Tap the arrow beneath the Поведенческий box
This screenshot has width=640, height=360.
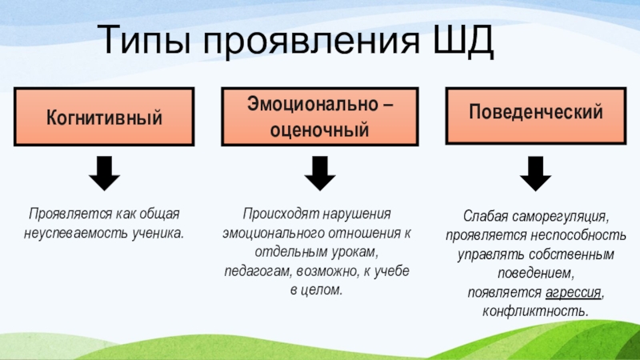click(535, 174)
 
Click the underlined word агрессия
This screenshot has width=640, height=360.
click(572, 292)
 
